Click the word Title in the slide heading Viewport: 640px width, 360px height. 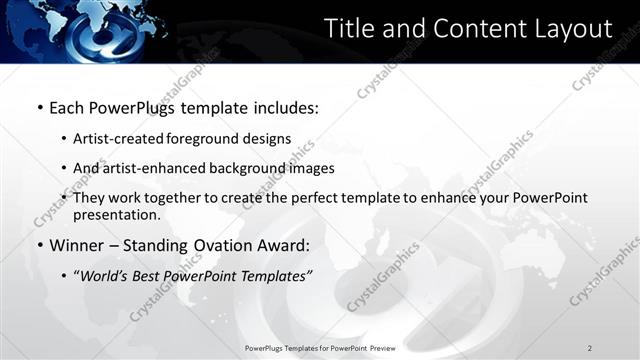point(350,29)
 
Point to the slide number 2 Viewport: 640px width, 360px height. point(590,348)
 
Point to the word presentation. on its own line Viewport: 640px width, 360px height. point(116,214)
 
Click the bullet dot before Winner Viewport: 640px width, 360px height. point(39,245)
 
